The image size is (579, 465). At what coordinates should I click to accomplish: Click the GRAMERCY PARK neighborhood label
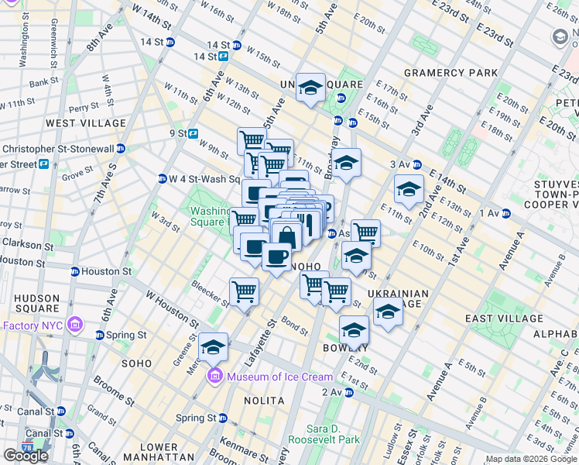451,73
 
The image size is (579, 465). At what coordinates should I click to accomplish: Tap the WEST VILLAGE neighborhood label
85,123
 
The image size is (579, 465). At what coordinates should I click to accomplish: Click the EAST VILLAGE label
504,319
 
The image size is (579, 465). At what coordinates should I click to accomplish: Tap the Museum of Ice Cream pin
213,377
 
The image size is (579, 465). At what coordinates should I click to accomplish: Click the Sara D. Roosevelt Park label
324,433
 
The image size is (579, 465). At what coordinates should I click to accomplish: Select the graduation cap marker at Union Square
310,88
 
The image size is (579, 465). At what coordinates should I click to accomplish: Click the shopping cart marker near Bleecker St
244,292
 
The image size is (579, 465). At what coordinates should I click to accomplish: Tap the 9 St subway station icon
193,133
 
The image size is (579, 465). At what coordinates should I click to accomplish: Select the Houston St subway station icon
75,272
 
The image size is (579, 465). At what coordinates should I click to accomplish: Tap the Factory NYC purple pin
75,324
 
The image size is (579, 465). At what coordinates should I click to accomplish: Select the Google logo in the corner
26,456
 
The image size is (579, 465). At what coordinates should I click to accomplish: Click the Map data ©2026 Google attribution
529,459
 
